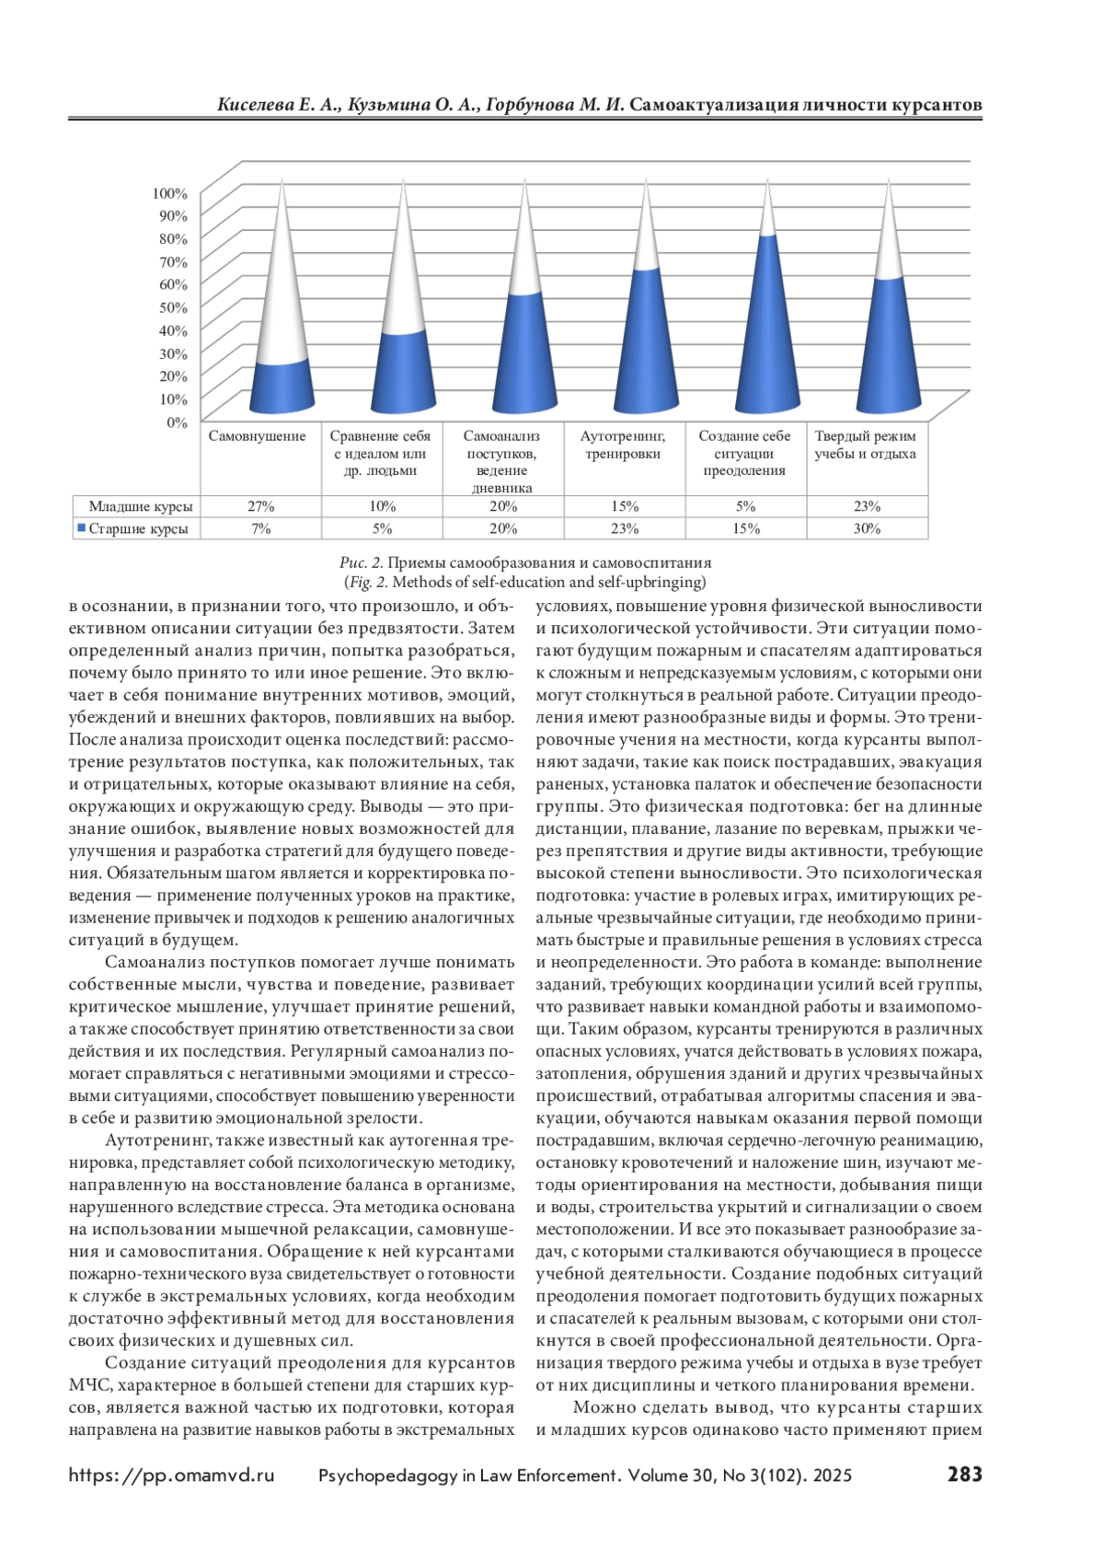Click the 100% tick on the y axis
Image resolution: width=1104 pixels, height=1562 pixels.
click(x=170, y=193)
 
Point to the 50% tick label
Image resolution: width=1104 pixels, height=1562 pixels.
click(x=173, y=307)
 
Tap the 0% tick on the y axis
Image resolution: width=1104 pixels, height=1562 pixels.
click(x=177, y=422)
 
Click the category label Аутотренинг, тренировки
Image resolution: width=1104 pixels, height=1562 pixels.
click(x=623, y=445)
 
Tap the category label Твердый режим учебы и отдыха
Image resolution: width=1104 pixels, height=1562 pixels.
click(x=865, y=445)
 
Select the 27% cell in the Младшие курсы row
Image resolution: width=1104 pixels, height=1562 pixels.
click(x=261, y=506)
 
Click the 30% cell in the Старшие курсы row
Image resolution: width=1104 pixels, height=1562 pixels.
click(x=867, y=528)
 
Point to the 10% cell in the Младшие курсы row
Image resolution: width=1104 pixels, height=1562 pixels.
click(x=383, y=506)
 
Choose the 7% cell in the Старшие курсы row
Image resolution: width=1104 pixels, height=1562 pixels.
click(x=261, y=528)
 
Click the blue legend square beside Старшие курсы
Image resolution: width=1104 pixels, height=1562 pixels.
click(x=81, y=528)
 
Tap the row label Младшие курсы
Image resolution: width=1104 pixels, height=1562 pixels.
click(x=141, y=506)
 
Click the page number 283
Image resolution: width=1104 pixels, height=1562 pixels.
click(x=964, y=1475)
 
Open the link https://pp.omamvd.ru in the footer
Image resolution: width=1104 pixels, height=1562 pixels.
click(x=171, y=1475)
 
